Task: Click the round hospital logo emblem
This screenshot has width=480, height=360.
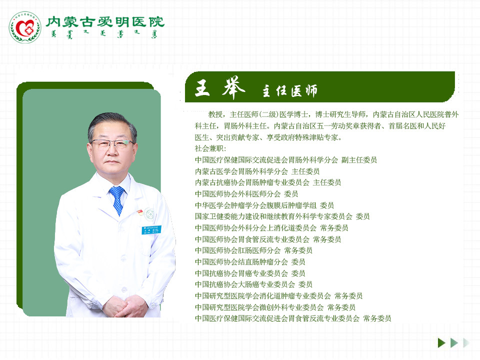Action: click(24, 27)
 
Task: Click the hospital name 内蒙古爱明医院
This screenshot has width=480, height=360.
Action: click(104, 21)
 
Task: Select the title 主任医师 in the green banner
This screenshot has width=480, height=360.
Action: click(290, 91)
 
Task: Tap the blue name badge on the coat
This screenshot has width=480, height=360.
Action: click(150, 230)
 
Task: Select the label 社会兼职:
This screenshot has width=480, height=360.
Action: click(210, 148)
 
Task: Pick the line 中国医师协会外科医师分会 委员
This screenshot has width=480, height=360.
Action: click(246, 193)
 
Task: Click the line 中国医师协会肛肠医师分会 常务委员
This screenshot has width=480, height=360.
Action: click(253, 250)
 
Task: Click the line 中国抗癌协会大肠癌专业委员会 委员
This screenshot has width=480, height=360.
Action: click(253, 284)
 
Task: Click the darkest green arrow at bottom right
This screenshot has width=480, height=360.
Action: click(441, 342)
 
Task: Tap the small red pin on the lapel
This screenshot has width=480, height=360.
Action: click(140, 211)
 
